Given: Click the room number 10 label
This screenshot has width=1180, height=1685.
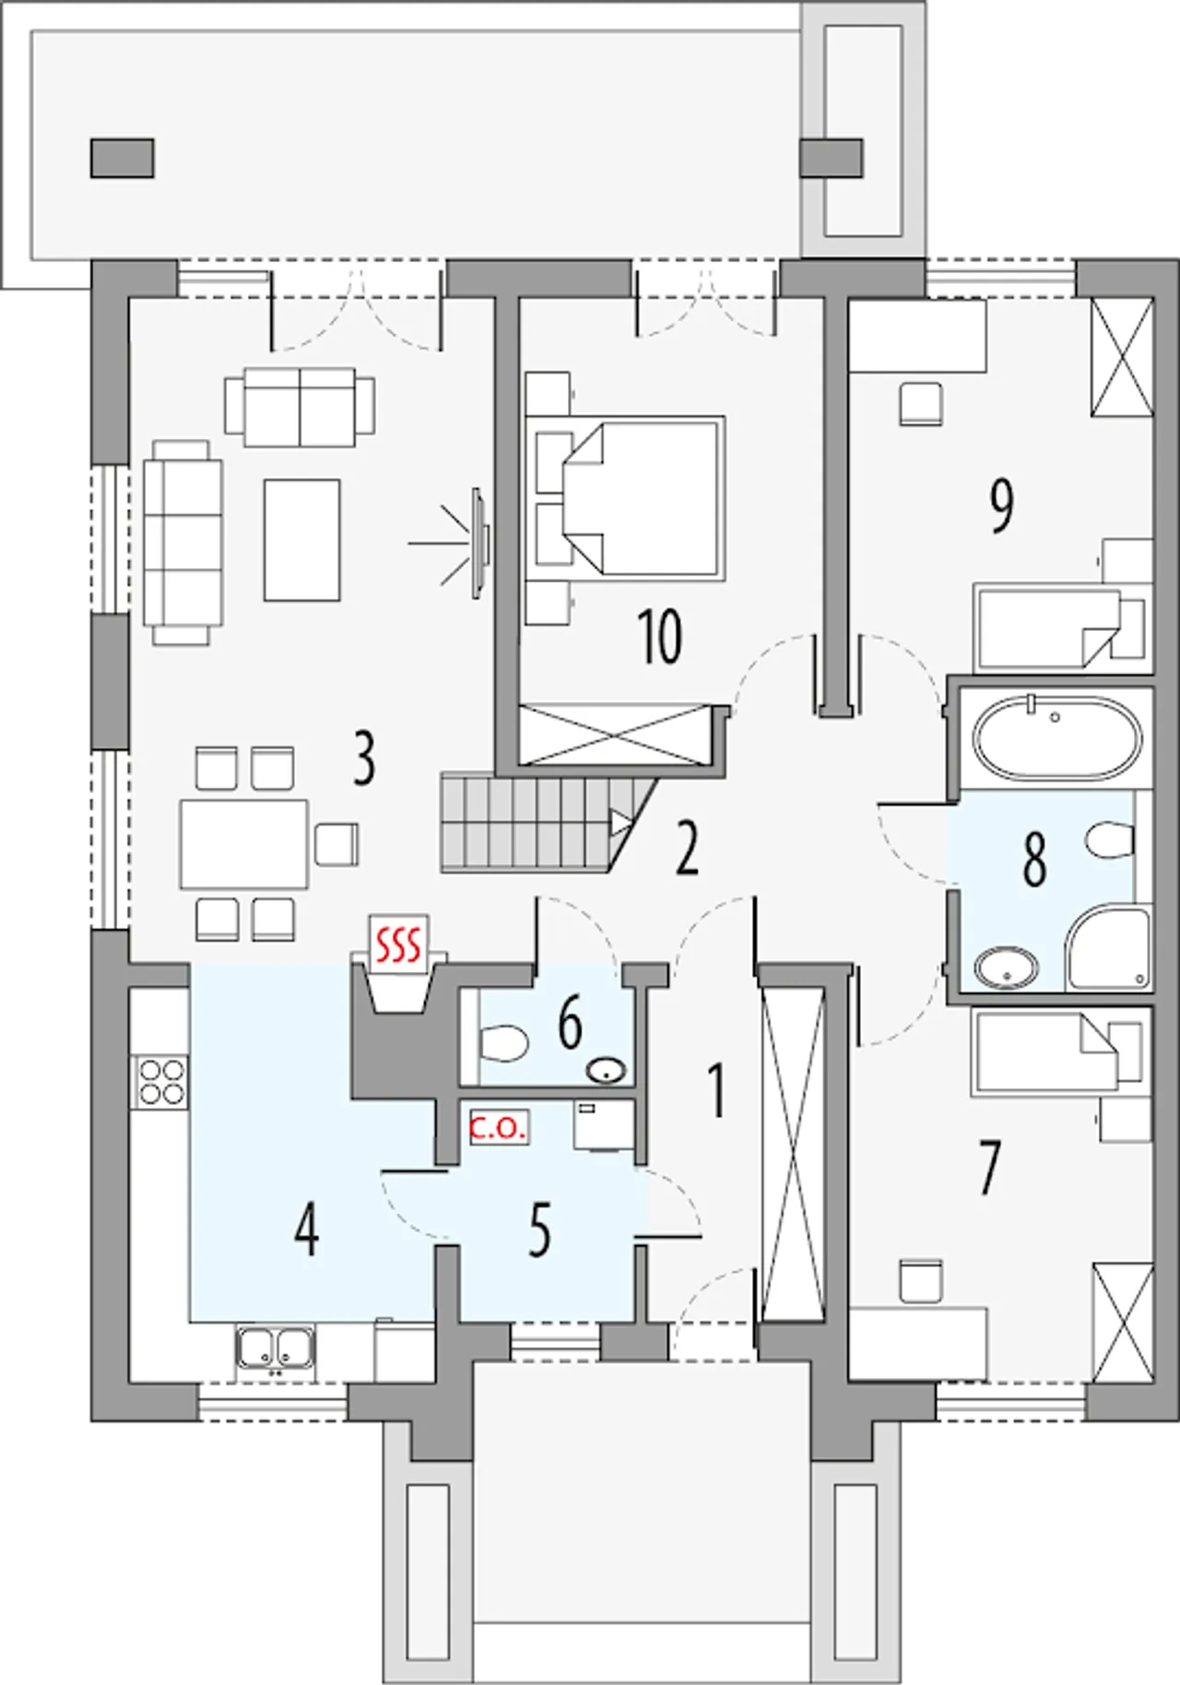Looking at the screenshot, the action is click(660, 637).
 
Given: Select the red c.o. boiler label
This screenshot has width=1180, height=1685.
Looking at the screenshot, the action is click(498, 1127).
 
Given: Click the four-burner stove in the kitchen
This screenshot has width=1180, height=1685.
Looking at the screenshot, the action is click(161, 1082).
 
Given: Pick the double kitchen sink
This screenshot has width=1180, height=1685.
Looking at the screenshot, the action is click(275, 1351).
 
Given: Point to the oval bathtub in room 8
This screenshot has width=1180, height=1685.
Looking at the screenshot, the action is click(1057, 739).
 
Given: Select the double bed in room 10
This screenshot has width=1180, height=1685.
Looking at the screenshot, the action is click(625, 498).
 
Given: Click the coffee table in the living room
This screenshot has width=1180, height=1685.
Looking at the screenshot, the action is click(302, 540).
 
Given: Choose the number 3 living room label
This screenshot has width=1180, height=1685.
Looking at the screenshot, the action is click(364, 758).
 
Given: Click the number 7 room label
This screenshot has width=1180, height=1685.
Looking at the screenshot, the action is click(988, 1167).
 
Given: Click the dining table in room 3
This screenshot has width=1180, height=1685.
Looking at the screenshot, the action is click(244, 844).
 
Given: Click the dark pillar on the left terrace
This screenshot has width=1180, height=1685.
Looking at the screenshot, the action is click(122, 158).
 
